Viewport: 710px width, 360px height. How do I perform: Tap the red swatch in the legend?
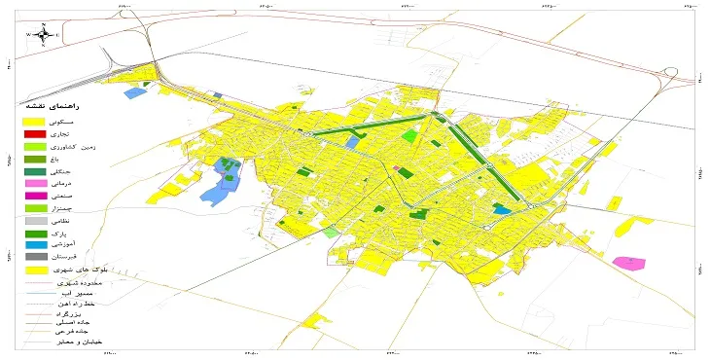pyautogui.click(x=35, y=133)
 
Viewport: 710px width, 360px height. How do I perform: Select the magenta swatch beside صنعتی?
pyautogui.click(x=35, y=196)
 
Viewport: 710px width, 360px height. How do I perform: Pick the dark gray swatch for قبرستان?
pyautogui.click(x=35, y=257)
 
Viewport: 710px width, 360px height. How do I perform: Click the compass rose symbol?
pyautogui.click(x=43, y=35)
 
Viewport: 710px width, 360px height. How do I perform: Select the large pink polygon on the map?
pyautogui.click(x=630, y=263)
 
